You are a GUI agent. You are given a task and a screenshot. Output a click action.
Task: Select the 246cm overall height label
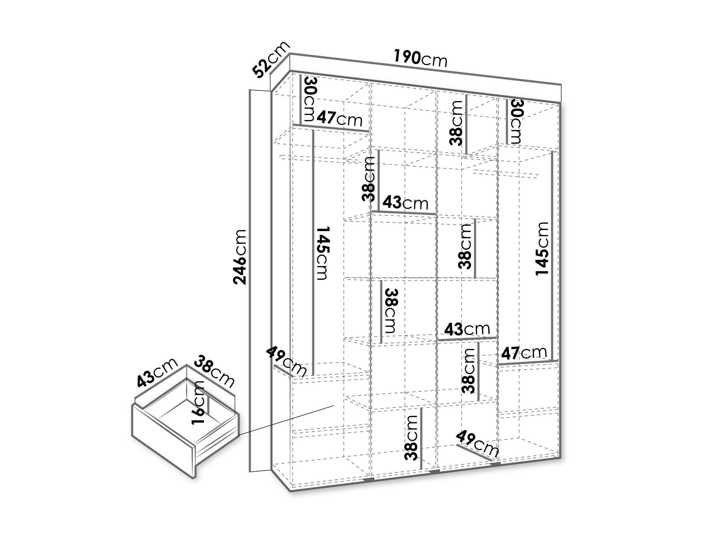click(240, 257)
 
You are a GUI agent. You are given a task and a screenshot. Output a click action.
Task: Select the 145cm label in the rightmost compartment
click(542, 249)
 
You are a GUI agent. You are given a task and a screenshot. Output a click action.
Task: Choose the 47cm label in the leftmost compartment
click(340, 119)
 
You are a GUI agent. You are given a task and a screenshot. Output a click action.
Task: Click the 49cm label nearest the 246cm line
click(286, 361)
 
